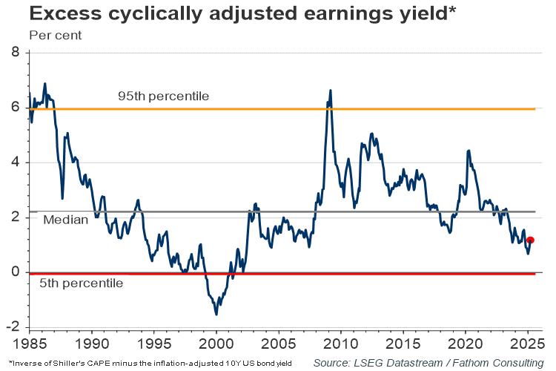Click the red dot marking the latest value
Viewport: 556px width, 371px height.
click(x=530, y=240)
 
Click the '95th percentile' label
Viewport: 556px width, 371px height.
click(x=163, y=96)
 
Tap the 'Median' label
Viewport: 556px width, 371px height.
click(x=66, y=220)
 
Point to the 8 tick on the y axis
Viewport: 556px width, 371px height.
click(x=16, y=53)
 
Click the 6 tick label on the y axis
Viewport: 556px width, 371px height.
click(x=16, y=108)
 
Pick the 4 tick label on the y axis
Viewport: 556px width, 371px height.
click(x=16, y=162)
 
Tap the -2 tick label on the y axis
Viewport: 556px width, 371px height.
click(x=13, y=327)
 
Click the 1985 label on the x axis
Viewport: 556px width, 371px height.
click(x=30, y=344)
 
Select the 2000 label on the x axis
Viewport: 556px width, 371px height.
click(x=216, y=344)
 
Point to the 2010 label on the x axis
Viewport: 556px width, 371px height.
click(x=340, y=344)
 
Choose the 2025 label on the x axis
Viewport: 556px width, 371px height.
click(x=527, y=344)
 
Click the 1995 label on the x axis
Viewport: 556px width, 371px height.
click(x=153, y=344)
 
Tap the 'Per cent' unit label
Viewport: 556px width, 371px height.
click(x=56, y=35)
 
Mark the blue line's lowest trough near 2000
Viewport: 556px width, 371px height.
click(x=216, y=314)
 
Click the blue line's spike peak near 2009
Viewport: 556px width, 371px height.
click(x=330, y=91)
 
